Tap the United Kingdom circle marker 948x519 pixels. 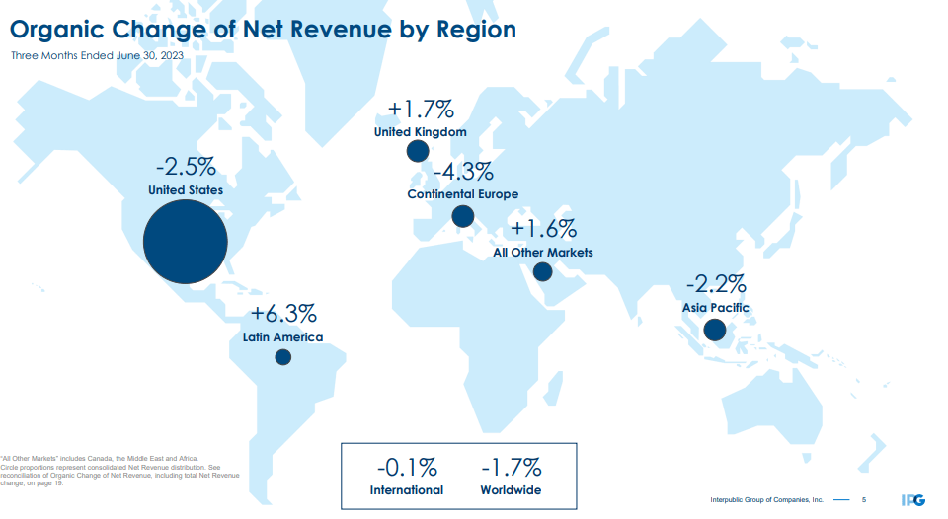pos(418,151)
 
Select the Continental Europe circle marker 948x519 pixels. pos(463,217)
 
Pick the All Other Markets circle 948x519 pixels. pos(542,272)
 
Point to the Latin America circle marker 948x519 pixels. pos(282,357)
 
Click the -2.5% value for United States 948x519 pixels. pos(186,165)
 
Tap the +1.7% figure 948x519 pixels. pos(420,108)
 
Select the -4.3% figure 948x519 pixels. pos(462,171)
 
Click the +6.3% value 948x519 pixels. pos(283,315)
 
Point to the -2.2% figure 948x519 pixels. pos(716,285)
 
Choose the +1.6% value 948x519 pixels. pos(543,229)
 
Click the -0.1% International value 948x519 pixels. pos(407,467)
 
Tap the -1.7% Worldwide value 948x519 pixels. pos(511,467)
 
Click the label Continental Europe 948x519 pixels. pos(462,194)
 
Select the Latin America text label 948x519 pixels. pos(282,337)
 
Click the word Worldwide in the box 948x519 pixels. pos(511,490)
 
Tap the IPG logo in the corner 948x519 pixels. pos(913,500)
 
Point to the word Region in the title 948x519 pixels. pos(471,29)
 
